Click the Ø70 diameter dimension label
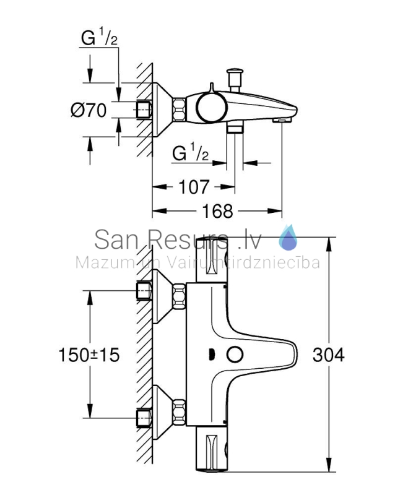tap(89, 110)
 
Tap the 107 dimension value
tap(194, 187)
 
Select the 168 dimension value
tap(217, 211)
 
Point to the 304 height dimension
tap(328, 355)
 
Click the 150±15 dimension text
tap(89, 355)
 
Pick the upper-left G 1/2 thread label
tap(99, 37)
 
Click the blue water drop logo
tap(288, 238)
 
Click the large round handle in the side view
tap(212, 108)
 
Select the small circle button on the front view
tap(235, 355)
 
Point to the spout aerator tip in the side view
tap(282, 120)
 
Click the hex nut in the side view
tap(179, 110)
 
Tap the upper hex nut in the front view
tap(179, 296)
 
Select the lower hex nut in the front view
tap(179, 412)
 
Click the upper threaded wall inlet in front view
tap(144, 291)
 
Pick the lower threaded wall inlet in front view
tap(144, 418)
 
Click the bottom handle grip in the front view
tap(212, 449)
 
